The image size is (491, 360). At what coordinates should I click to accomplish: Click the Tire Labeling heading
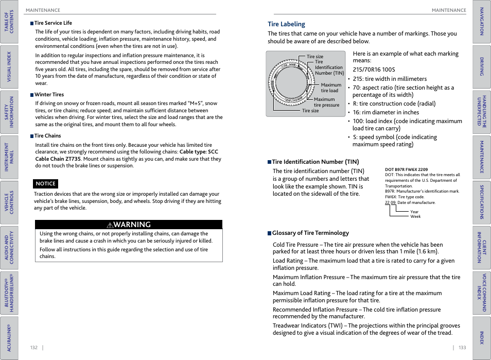click(x=286, y=24)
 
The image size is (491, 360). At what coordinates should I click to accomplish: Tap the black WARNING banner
click(x=129, y=225)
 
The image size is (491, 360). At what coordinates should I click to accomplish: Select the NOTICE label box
click(x=46, y=184)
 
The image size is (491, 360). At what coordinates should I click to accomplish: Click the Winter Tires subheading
click(x=49, y=95)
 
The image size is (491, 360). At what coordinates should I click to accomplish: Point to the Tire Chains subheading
click(x=47, y=136)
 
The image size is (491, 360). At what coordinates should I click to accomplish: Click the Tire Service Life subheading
click(x=53, y=23)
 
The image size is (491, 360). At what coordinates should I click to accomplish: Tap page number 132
click(x=34, y=348)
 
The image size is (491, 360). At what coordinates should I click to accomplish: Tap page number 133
click(x=462, y=348)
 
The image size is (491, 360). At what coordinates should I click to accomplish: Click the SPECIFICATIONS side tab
click(x=482, y=202)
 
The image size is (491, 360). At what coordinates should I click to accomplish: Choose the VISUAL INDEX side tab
click(x=9, y=67)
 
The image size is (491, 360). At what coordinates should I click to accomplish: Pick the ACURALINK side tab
click(x=9, y=337)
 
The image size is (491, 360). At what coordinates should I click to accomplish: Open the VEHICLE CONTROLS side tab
click(x=9, y=202)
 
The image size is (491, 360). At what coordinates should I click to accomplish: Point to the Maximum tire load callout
click(x=330, y=88)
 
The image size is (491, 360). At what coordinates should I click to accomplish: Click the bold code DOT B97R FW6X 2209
click(x=406, y=169)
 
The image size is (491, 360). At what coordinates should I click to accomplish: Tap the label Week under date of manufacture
click(x=415, y=216)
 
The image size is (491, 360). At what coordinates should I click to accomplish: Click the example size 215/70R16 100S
click(x=374, y=70)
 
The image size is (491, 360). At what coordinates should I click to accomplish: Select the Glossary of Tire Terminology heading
click(x=310, y=233)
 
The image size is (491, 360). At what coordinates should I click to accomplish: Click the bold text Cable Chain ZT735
click(x=50, y=159)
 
